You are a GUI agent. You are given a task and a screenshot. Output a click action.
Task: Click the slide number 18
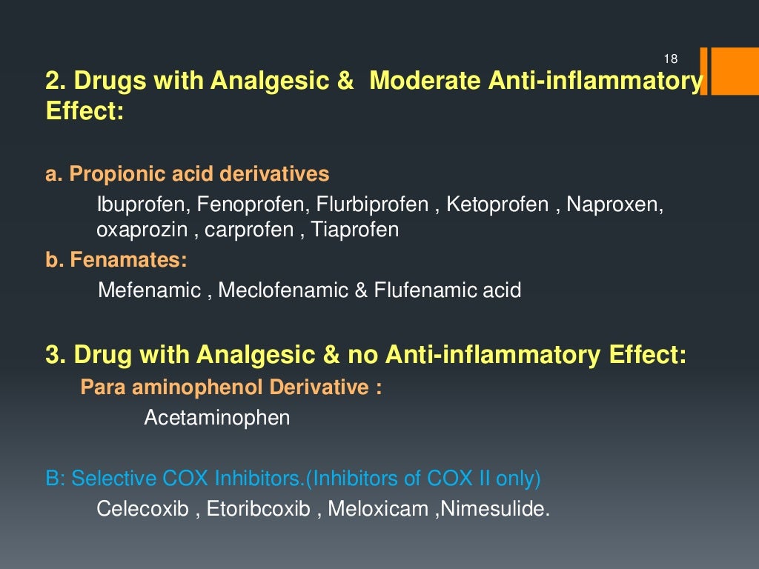tap(671, 59)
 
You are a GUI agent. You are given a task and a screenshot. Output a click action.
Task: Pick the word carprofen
tap(249, 230)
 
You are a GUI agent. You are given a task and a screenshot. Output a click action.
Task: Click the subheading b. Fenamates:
tap(116, 261)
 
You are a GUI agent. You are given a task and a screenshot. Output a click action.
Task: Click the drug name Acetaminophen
tap(216, 418)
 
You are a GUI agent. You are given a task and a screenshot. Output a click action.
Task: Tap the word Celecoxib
tap(143, 510)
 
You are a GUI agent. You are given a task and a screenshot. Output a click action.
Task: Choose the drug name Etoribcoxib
tap(259, 510)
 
